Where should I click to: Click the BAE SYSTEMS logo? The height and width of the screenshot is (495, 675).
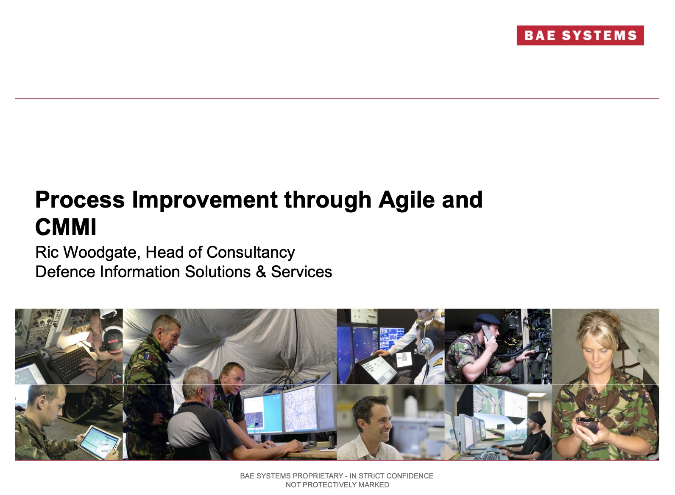pyautogui.click(x=580, y=36)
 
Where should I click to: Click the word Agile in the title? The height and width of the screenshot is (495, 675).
pyautogui.click(x=406, y=200)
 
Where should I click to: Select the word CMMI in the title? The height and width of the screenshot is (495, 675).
pyautogui.click(x=66, y=227)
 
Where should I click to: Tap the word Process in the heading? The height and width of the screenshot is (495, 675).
pyautogui.click(x=80, y=200)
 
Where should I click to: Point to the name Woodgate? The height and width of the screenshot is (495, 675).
pyautogui.click(x=99, y=252)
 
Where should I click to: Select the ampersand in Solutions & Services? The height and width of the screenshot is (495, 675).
pyautogui.click(x=261, y=272)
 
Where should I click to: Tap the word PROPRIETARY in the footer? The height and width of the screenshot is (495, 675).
pyautogui.click(x=318, y=476)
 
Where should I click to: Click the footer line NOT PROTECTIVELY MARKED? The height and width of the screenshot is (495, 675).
pyautogui.click(x=337, y=485)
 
